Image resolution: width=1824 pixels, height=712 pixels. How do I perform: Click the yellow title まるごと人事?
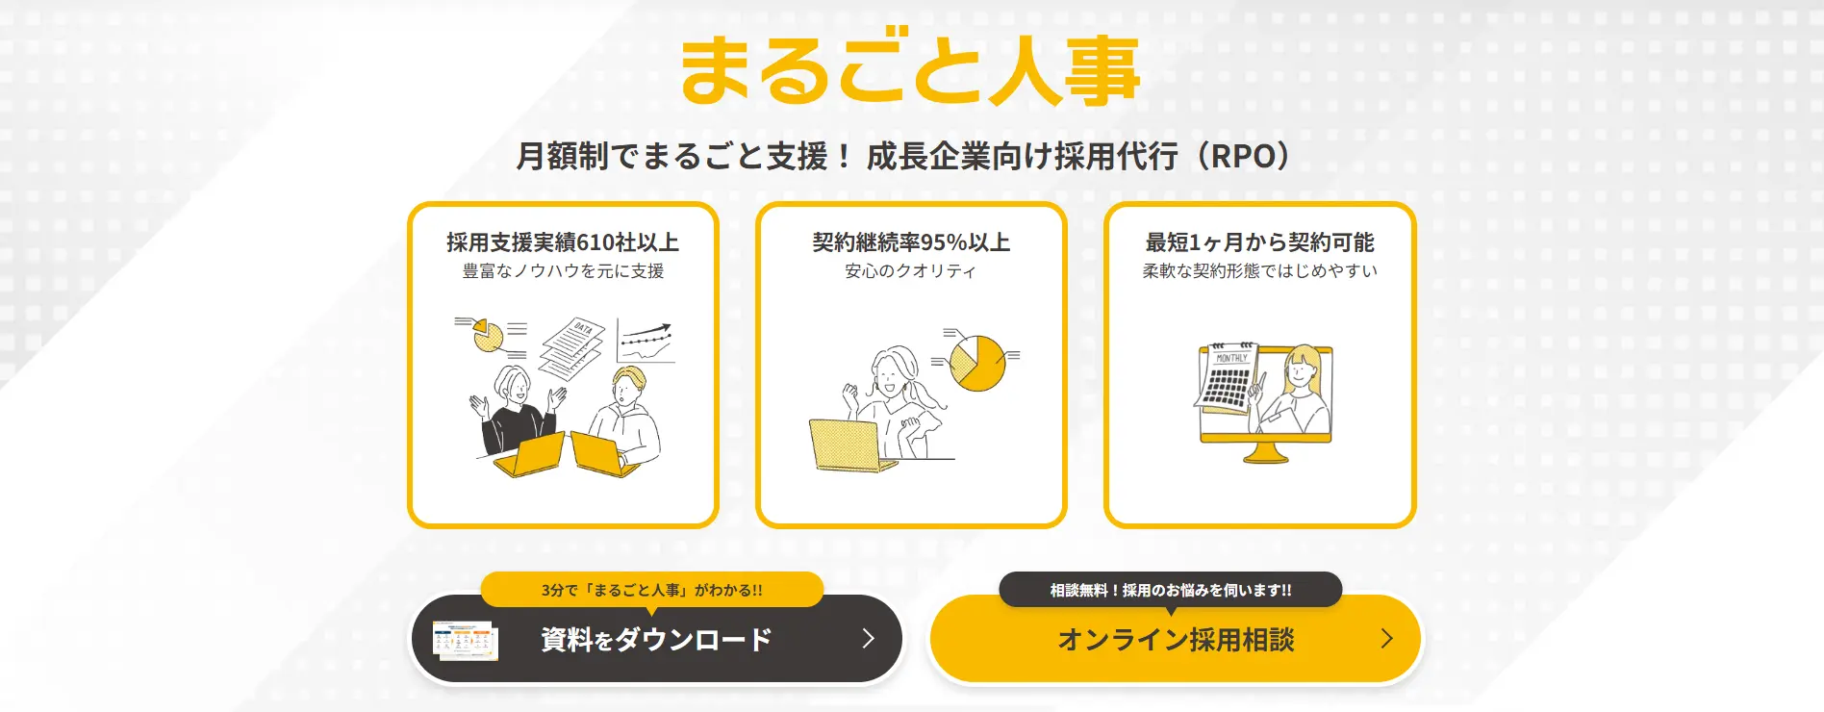[910, 71]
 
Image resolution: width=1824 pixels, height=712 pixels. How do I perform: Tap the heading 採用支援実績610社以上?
[563, 242]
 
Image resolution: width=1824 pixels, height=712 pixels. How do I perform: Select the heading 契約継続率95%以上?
[911, 242]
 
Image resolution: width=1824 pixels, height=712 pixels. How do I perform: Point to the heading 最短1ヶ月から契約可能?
[1259, 242]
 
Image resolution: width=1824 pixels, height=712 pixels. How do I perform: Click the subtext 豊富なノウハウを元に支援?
[563, 271]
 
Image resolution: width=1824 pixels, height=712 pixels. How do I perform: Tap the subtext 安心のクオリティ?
[911, 271]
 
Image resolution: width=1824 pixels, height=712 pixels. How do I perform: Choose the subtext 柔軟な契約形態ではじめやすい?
[1259, 271]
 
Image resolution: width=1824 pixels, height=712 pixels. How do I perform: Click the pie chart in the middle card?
[976, 363]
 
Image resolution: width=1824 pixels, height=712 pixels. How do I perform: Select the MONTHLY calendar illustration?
[1228, 379]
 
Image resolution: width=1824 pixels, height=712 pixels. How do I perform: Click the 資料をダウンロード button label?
[656, 640]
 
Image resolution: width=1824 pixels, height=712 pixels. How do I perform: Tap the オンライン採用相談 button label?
[1176, 640]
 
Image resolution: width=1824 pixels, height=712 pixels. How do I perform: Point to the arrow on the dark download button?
[869, 639]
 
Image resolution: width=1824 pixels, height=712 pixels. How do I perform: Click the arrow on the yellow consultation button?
[1386, 639]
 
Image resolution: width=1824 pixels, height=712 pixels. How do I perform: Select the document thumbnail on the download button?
[466, 641]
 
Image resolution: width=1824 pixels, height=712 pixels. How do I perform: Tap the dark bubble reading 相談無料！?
[1170, 590]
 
